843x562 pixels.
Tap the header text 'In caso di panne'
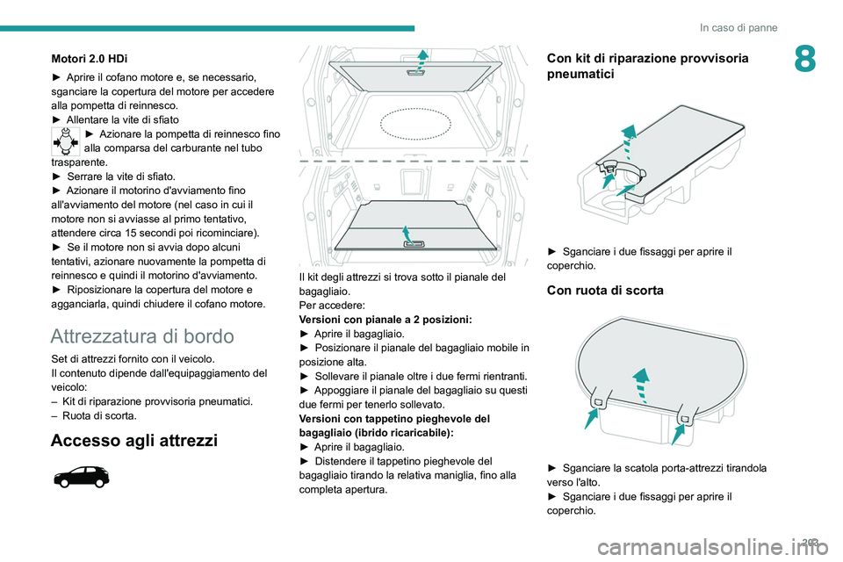point(739,28)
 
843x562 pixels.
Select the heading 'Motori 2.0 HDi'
point(89,58)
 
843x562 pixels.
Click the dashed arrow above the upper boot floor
point(423,63)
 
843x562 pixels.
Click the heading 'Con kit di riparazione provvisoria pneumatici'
point(647,67)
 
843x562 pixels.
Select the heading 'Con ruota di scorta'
point(604,290)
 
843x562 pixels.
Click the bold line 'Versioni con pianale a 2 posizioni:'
point(385,320)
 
